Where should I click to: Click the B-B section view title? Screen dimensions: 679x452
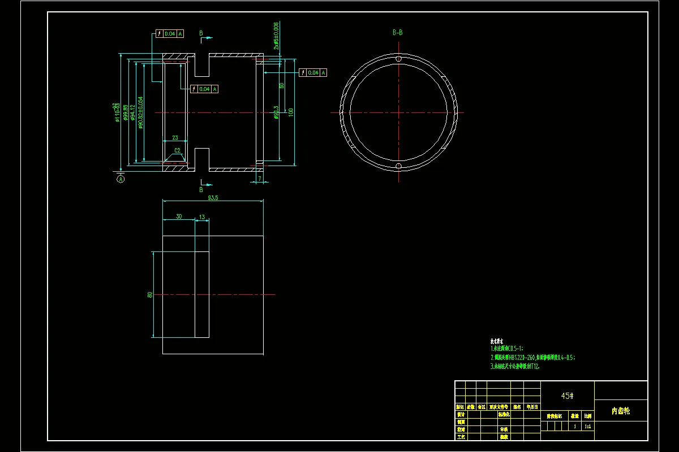(398, 32)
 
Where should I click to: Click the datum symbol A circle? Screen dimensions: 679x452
(121, 179)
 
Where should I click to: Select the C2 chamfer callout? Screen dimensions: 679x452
(177, 150)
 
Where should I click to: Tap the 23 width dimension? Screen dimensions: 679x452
(175, 137)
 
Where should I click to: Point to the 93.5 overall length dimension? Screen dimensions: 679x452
(213, 198)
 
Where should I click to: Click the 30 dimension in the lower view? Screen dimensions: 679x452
(179, 216)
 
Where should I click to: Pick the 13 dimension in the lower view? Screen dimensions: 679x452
(202, 216)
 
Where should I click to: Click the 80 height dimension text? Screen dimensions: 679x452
(149, 294)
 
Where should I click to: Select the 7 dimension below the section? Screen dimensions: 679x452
(259, 179)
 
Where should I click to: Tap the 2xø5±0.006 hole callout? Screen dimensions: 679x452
(276, 36)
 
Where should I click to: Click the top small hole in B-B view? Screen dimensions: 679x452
(398, 59)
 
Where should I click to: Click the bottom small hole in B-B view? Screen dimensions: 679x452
(398, 166)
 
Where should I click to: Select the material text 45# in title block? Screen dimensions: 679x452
(568, 396)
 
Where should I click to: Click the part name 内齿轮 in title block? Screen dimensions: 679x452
(621, 411)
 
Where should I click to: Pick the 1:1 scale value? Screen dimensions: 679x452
(588, 427)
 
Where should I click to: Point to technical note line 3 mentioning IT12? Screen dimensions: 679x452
(515, 366)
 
